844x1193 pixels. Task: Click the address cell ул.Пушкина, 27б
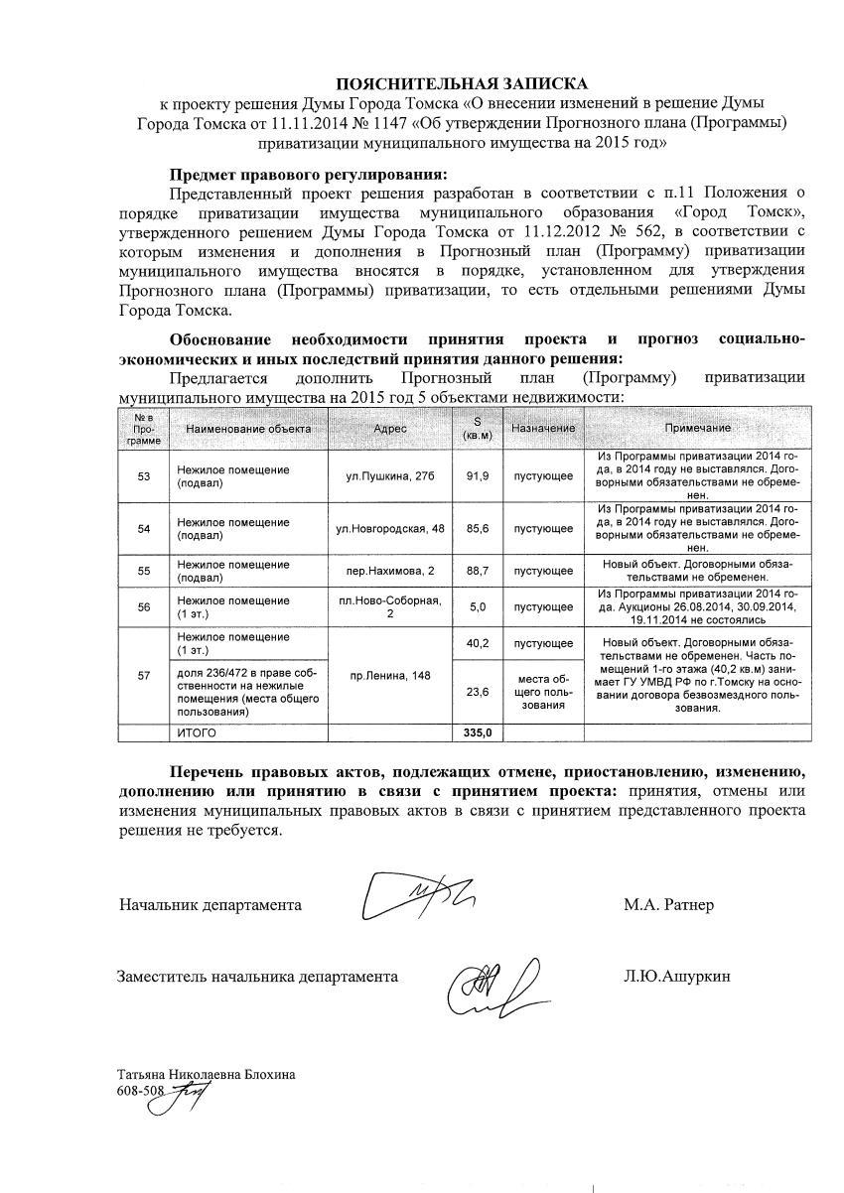pyautogui.click(x=390, y=476)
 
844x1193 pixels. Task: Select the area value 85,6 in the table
pyautogui.click(x=478, y=528)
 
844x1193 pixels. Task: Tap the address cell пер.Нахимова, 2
pyautogui.click(x=390, y=571)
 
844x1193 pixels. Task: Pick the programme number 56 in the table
pyautogui.click(x=144, y=607)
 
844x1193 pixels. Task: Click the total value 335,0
pyautogui.click(x=478, y=732)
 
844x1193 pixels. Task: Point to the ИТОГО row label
pyautogui.click(x=196, y=732)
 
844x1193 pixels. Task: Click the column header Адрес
pyautogui.click(x=390, y=428)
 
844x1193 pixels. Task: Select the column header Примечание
pyautogui.click(x=697, y=428)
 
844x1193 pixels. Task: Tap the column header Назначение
pyautogui.click(x=543, y=428)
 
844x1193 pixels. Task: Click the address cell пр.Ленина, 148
pyautogui.click(x=390, y=676)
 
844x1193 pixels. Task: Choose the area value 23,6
pyautogui.click(x=478, y=692)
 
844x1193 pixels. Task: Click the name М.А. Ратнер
pyautogui.click(x=668, y=905)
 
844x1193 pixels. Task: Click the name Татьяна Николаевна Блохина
pyautogui.click(x=206, y=1074)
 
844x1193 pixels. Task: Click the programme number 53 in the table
pyautogui.click(x=144, y=476)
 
